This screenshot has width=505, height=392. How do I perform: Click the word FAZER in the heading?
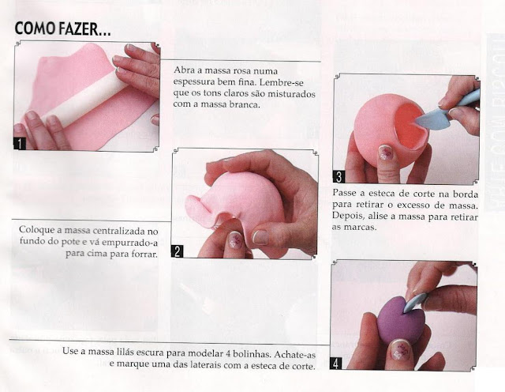pos(84,28)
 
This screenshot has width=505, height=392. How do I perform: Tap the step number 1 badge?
pos(20,144)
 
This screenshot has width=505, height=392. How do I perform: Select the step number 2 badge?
pos(177,251)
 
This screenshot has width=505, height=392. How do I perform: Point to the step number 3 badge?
pos(339,177)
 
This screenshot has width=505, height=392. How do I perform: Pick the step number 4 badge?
pos(336,364)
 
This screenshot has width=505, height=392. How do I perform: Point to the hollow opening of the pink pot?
pos(410,126)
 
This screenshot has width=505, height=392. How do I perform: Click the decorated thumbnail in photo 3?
pos(387,153)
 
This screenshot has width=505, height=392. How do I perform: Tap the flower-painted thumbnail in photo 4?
pos(399,350)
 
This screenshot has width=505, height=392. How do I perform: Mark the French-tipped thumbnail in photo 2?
pos(261,237)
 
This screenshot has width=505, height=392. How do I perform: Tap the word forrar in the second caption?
pos(144,254)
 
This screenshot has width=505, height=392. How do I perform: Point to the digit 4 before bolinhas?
pos(226,352)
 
